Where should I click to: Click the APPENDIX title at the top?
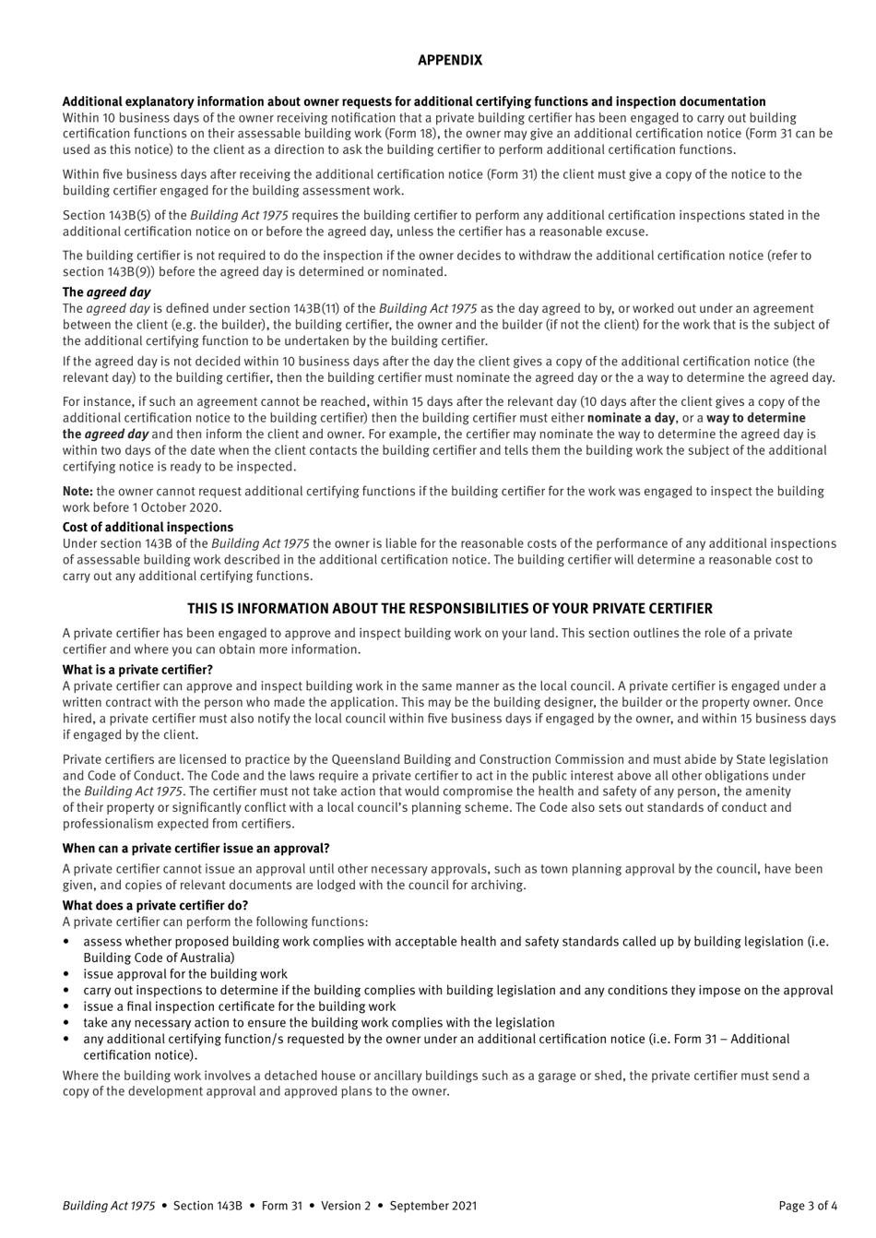tap(449, 60)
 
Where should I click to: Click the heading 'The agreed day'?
tap(106, 292)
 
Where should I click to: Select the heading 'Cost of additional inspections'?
tap(148, 528)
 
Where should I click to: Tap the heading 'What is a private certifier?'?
tap(137, 670)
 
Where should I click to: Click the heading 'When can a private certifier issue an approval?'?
tap(195, 848)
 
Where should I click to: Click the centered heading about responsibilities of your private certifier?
tap(449, 609)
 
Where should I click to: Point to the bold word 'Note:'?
tap(77, 492)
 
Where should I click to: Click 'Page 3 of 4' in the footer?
tap(808, 1205)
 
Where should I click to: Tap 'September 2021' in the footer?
tap(437, 1205)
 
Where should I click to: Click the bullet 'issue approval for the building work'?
tap(184, 974)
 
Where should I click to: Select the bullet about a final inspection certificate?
tap(239, 1006)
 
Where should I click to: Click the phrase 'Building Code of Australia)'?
tap(159, 958)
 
